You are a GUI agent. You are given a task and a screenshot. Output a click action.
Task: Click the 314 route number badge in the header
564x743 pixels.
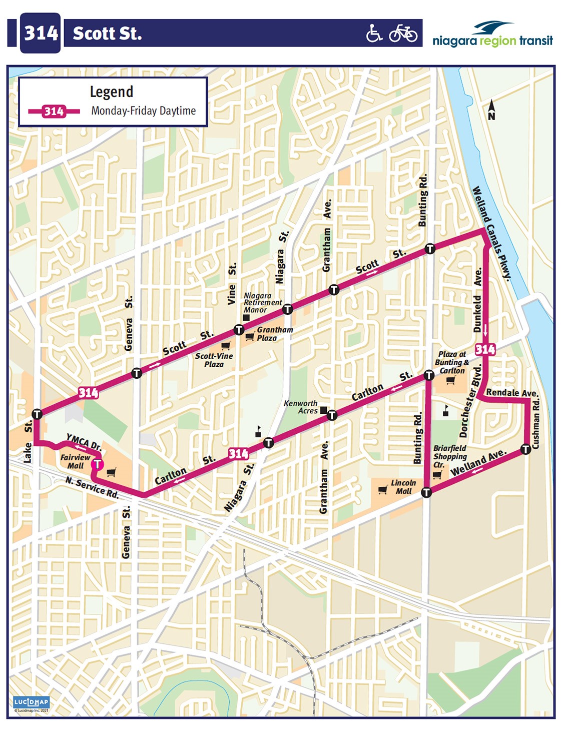pyautogui.click(x=41, y=34)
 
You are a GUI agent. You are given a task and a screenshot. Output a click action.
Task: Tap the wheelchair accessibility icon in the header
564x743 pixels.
pyautogui.click(x=374, y=34)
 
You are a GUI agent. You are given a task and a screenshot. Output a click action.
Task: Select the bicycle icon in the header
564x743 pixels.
pyautogui.click(x=403, y=34)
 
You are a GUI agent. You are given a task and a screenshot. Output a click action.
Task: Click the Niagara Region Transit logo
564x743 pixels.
pyautogui.click(x=492, y=35)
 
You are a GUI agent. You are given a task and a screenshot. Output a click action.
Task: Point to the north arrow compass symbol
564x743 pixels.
pyautogui.click(x=491, y=110)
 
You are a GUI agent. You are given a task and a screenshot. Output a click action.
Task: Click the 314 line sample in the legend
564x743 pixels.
pyautogui.click(x=54, y=111)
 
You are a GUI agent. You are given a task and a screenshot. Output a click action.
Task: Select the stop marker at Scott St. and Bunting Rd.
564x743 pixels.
pyautogui.click(x=429, y=249)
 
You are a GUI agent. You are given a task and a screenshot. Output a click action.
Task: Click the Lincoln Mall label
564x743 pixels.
pyautogui.click(x=403, y=487)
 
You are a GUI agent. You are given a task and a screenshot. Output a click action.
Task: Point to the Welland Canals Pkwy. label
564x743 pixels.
pyautogui.click(x=492, y=233)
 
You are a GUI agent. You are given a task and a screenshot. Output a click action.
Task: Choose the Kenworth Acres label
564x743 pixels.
pyautogui.click(x=301, y=407)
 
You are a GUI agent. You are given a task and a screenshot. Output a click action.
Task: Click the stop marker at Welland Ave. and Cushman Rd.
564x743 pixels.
pyautogui.click(x=525, y=449)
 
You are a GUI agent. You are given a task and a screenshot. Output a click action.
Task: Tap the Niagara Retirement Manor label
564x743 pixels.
pyautogui.click(x=263, y=303)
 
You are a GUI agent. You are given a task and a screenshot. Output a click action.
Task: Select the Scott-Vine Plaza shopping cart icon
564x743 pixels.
pyautogui.click(x=226, y=345)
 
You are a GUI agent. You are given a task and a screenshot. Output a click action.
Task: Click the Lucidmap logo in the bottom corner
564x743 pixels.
pyautogui.click(x=31, y=702)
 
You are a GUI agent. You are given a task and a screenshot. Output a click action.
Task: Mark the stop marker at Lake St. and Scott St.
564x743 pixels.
pyautogui.click(x=37, y=414)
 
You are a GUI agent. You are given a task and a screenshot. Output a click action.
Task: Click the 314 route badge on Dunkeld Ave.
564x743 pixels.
pyautogui.click(x=485, y=349)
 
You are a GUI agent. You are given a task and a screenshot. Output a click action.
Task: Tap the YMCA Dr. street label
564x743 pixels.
pyautogui.click(x=84, y=442)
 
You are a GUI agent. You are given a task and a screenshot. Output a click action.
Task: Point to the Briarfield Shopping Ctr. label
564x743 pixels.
pyautogui.click(x=449, y=456)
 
